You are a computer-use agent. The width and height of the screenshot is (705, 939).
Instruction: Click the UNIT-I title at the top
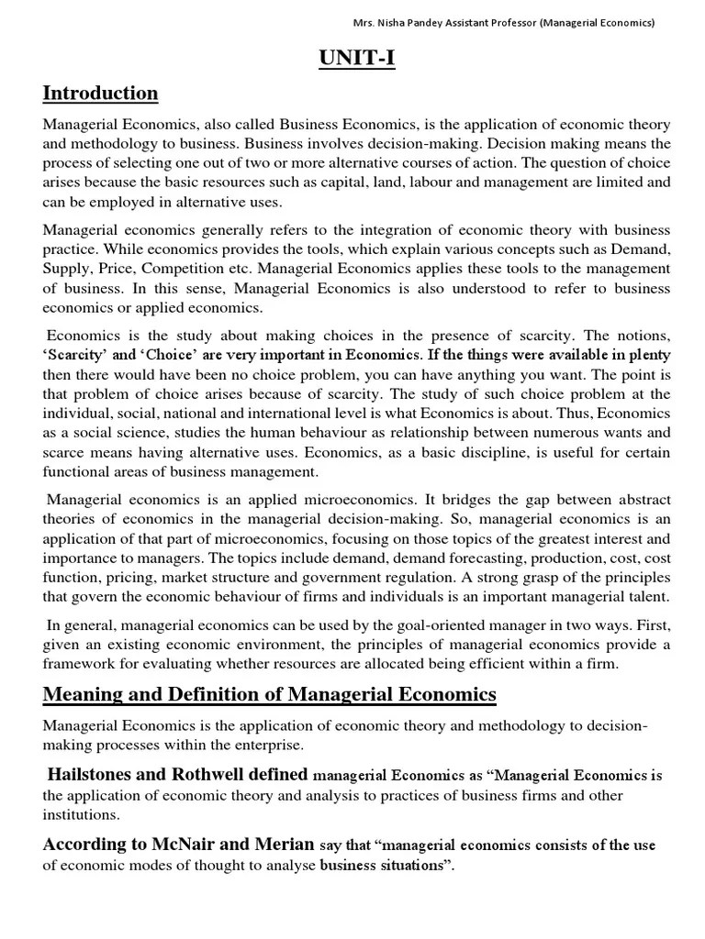[x=352, y=59]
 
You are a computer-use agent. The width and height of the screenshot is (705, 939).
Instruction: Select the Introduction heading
[x=100, y=94]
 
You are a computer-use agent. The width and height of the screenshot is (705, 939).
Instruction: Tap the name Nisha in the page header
[x=406, y=23]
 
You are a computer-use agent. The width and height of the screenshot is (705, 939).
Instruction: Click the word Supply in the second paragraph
[x=65, y=269]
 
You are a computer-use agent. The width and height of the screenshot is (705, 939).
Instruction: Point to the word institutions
[x=81, y=813]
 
